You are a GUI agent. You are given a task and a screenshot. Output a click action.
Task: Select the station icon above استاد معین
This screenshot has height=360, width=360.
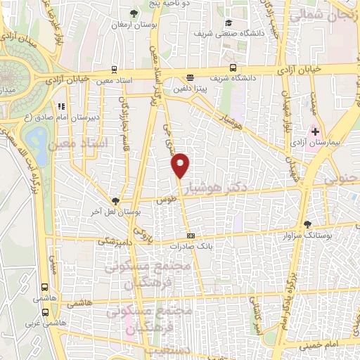click(114, 70)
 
